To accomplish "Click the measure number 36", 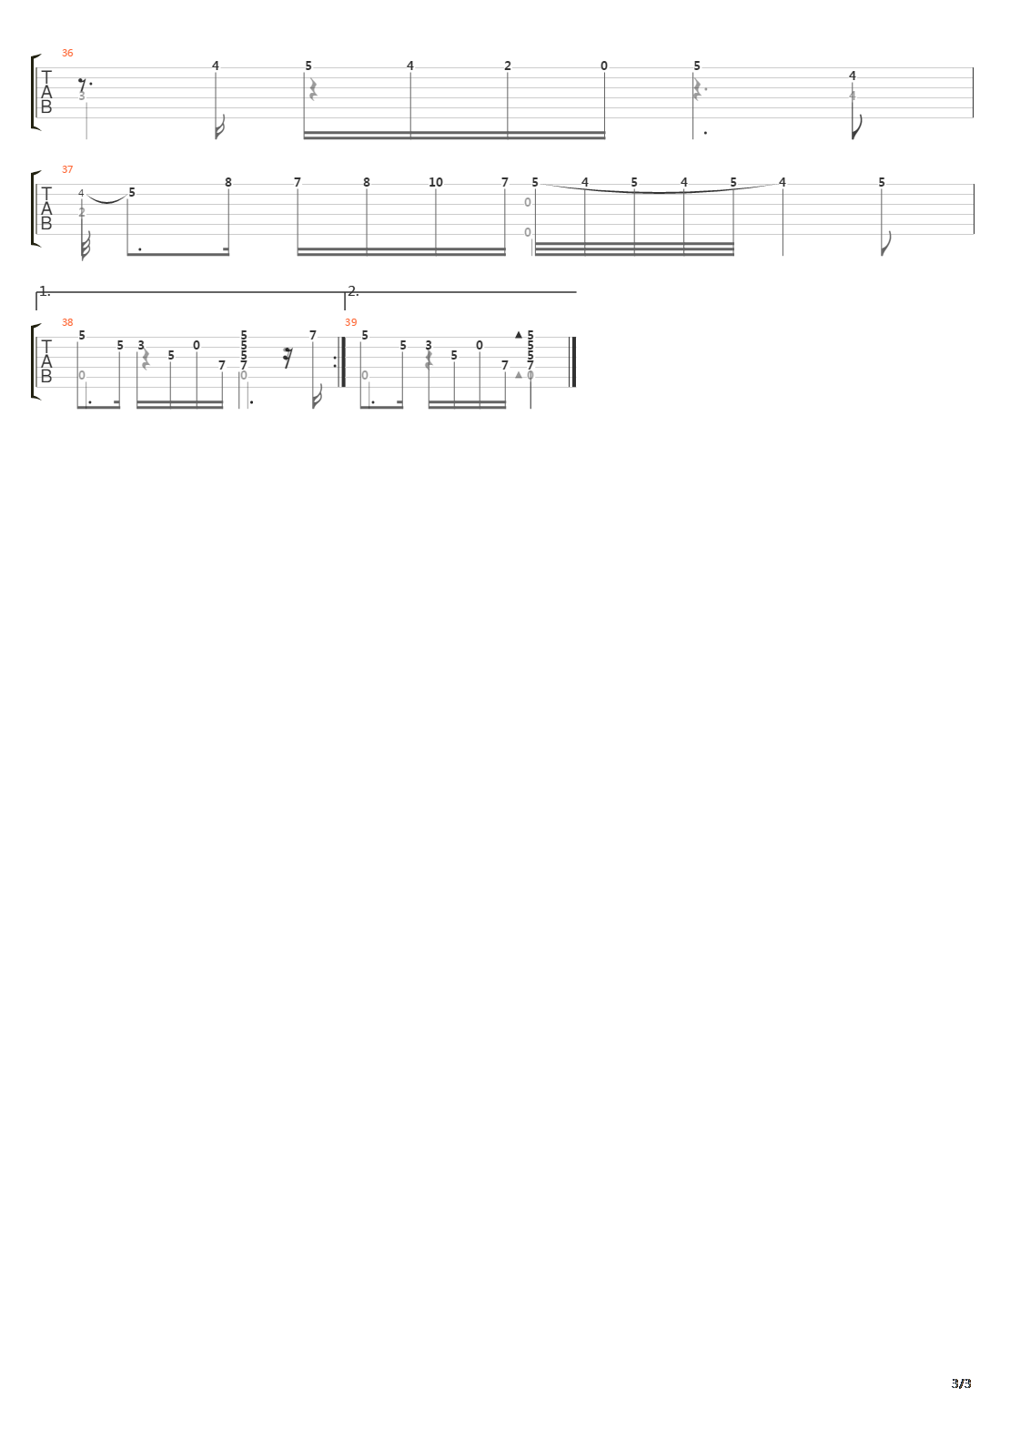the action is (x=67, y=53).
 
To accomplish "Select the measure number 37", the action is (x=67, y=169).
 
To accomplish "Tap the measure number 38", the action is (x=67, y=322).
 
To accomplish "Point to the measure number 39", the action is (x=350, y=322).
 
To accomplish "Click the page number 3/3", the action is (x=962, y=1383).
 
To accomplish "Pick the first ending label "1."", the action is (x=45, y=291).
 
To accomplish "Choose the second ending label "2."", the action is (x=353, y=291).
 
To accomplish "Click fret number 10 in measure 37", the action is (x=436, y=182).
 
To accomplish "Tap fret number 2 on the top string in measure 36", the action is (x=508, y=66).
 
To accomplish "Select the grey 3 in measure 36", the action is (x=82, y=96).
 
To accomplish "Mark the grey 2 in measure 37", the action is (x=82, y=212).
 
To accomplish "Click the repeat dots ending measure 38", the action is (x=335, y=361).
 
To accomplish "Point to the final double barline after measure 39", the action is (x=572, y=361).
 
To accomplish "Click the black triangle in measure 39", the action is (x=519, y=335).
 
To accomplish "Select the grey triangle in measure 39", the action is (x=519, y=375).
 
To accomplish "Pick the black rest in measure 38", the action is (x=288, y=359).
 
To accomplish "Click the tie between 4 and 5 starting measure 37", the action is (x=107, y=199).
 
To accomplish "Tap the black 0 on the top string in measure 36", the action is (x=604, y=66).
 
